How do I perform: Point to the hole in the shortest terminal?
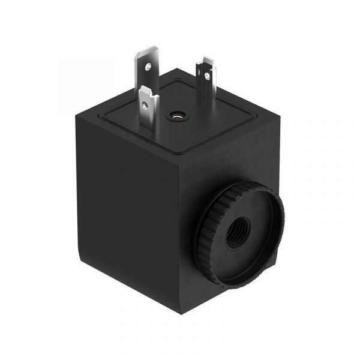[146, 103]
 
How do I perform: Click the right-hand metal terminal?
[206, 81]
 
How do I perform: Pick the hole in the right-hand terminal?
[207, 76]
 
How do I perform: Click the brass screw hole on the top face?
[176, 114]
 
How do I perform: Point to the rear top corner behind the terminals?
[174, 72]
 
